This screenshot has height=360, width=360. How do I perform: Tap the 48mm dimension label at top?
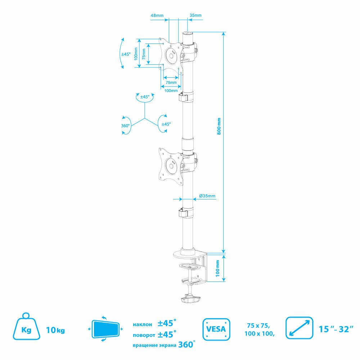[157, 15]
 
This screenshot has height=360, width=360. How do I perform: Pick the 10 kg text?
[55, 330]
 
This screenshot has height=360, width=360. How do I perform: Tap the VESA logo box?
[216, 329]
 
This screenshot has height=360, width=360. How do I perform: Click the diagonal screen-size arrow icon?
[298, 328]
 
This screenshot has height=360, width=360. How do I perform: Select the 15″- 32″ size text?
[334, 329]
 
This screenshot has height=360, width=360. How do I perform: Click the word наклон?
[142, 324]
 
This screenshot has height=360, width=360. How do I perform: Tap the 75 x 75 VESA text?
[258, 325]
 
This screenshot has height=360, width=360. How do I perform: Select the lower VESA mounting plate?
[169, 164]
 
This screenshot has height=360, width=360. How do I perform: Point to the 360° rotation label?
[125, 126]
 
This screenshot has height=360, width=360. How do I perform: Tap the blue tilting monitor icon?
[106, 329]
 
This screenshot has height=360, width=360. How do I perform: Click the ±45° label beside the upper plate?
[126, 54]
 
